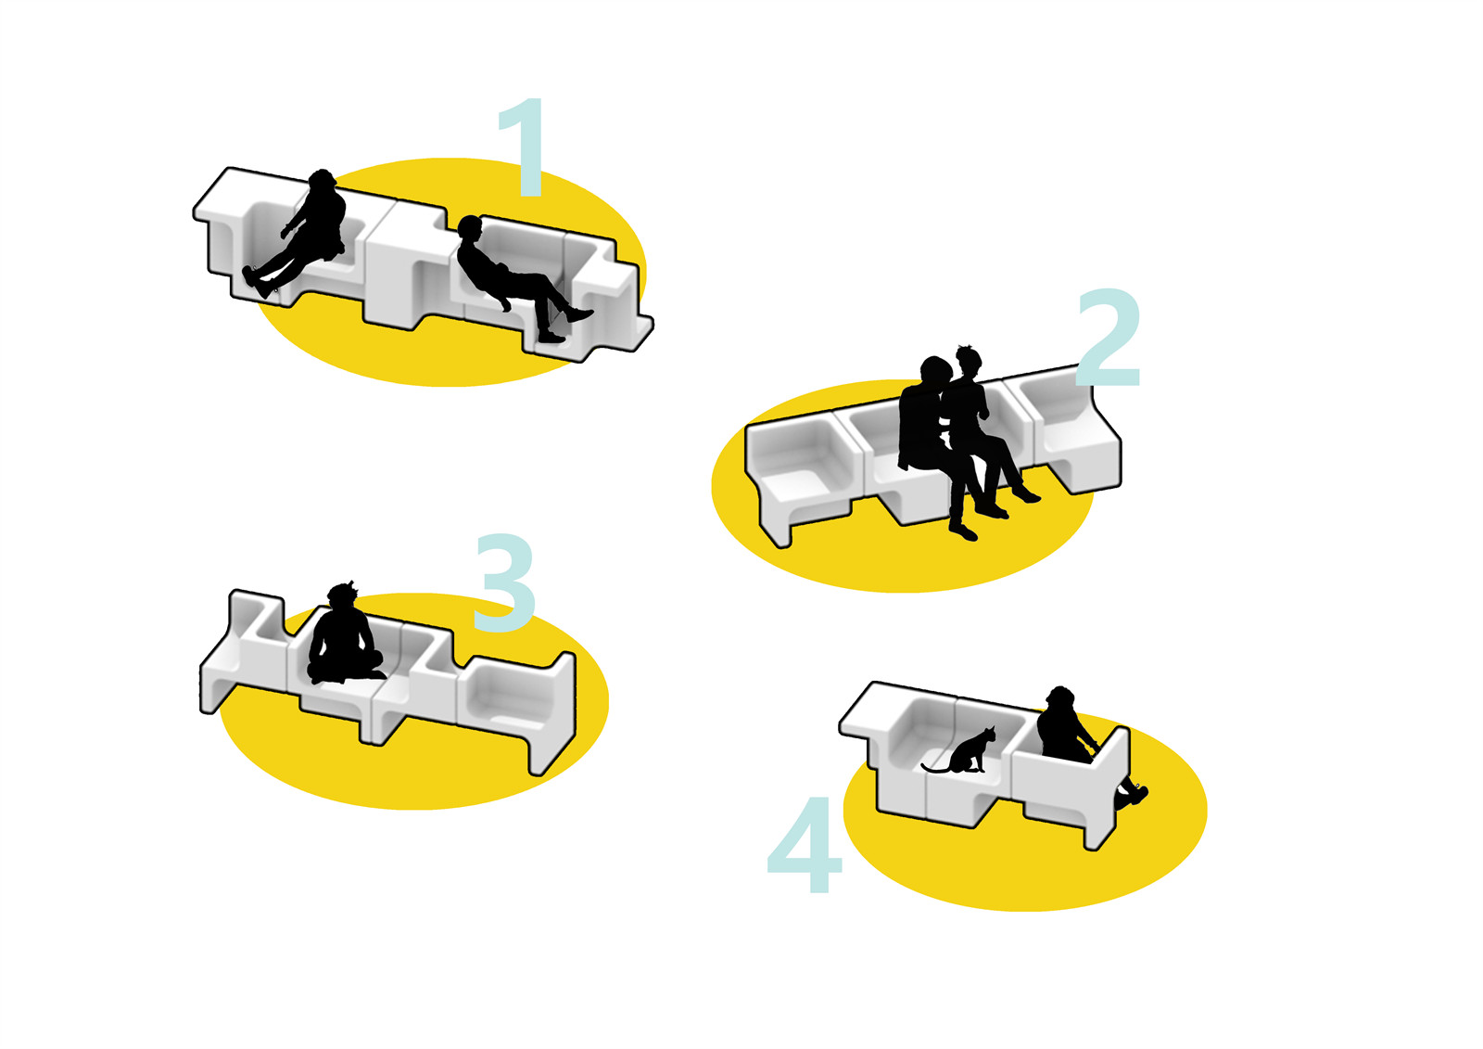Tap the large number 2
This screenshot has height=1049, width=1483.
(x=1109, y=338)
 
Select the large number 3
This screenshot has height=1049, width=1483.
(x=504, y=583)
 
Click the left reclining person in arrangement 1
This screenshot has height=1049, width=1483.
(x=298, y=233)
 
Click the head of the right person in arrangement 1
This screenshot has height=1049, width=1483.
(x=469, y=228)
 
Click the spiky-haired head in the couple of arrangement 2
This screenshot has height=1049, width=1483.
(x=968, y=361)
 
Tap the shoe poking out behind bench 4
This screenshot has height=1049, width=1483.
(x=1134, y=795)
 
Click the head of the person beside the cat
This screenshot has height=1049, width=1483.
(x=1061, y=699)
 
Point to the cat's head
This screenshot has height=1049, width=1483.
(x=989, y=735)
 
